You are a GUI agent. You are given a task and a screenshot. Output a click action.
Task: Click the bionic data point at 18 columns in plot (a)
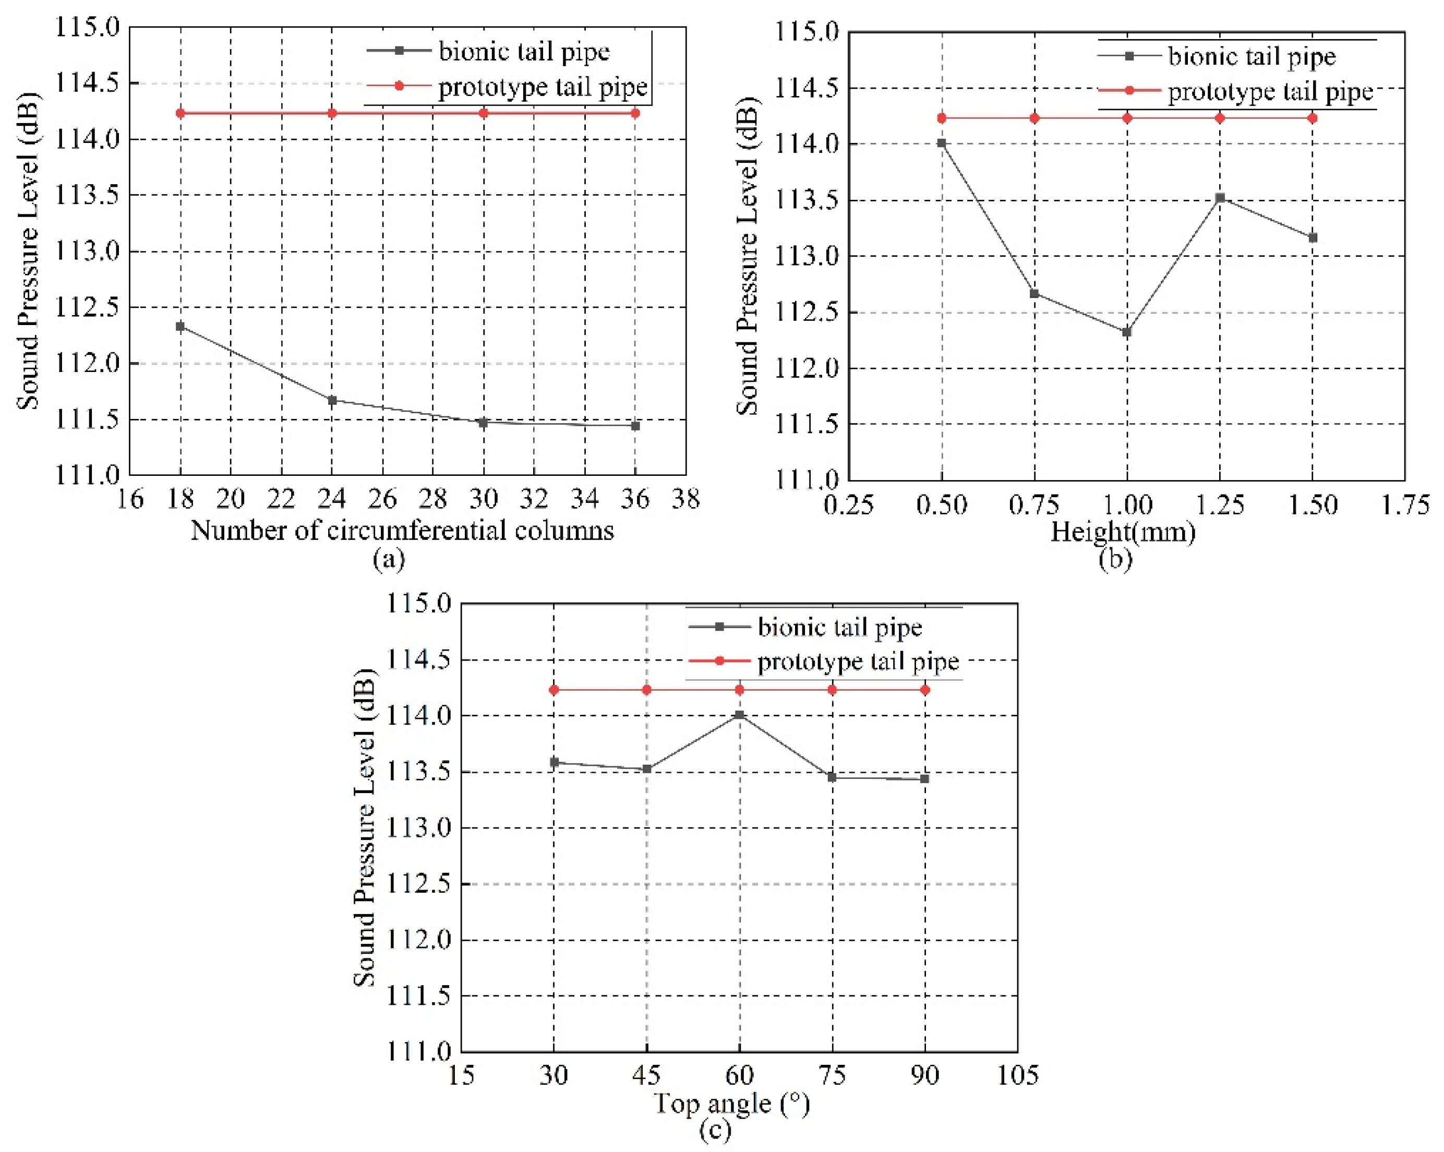(179, 326)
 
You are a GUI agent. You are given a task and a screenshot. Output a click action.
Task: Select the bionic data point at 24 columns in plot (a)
(332, 400)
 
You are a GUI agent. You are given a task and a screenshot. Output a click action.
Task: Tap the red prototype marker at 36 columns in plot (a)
(635, 113)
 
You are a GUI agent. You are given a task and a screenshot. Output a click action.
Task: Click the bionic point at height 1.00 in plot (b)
(1126, 331)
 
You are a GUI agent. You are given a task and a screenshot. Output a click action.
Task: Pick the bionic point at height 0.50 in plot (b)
(942, 142)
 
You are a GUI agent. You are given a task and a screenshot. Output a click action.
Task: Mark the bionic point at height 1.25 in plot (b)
(1220, 198)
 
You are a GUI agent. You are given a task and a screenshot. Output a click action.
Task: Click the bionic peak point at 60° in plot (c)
(739, 715)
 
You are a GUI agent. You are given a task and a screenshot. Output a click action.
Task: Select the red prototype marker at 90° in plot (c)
(925, 689)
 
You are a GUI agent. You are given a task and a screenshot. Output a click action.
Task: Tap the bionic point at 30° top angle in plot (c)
(554, 762)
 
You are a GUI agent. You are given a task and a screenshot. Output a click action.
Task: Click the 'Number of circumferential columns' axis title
(402, 531)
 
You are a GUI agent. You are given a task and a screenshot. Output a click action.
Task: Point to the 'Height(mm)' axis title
(1123, 532)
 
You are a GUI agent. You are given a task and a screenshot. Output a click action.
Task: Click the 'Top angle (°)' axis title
(731, 1102)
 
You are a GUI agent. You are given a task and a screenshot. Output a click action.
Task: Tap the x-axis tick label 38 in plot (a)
(685, 499)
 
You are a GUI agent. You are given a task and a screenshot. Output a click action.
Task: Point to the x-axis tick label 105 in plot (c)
(1017, 1075)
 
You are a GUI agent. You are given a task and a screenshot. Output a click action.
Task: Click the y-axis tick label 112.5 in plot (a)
(87, 307)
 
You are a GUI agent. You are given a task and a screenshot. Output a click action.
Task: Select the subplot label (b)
(1114, 558)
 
